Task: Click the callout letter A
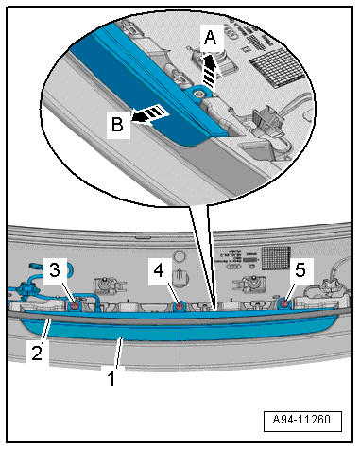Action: [x=211, y=39]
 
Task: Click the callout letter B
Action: [x=118, y=124]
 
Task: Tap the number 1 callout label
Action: [x=111, y=378]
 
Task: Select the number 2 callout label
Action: [x=37, y=353]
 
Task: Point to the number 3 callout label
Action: [x=55, y=270]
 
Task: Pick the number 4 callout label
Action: [x=159, y=270]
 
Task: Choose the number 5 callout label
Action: [x=300, y=270]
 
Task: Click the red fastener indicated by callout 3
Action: [x=75, y=305]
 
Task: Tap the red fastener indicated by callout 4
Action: [x=180, y=306]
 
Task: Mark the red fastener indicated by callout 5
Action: [x=284, y=303]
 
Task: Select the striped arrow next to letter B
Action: [x=148, y=114]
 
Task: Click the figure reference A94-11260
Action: [x=301, y=420]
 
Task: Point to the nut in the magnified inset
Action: [x=199, y=93]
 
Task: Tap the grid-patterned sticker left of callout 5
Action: [x=276, y=257]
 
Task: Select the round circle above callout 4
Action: [x=180, y=256]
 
